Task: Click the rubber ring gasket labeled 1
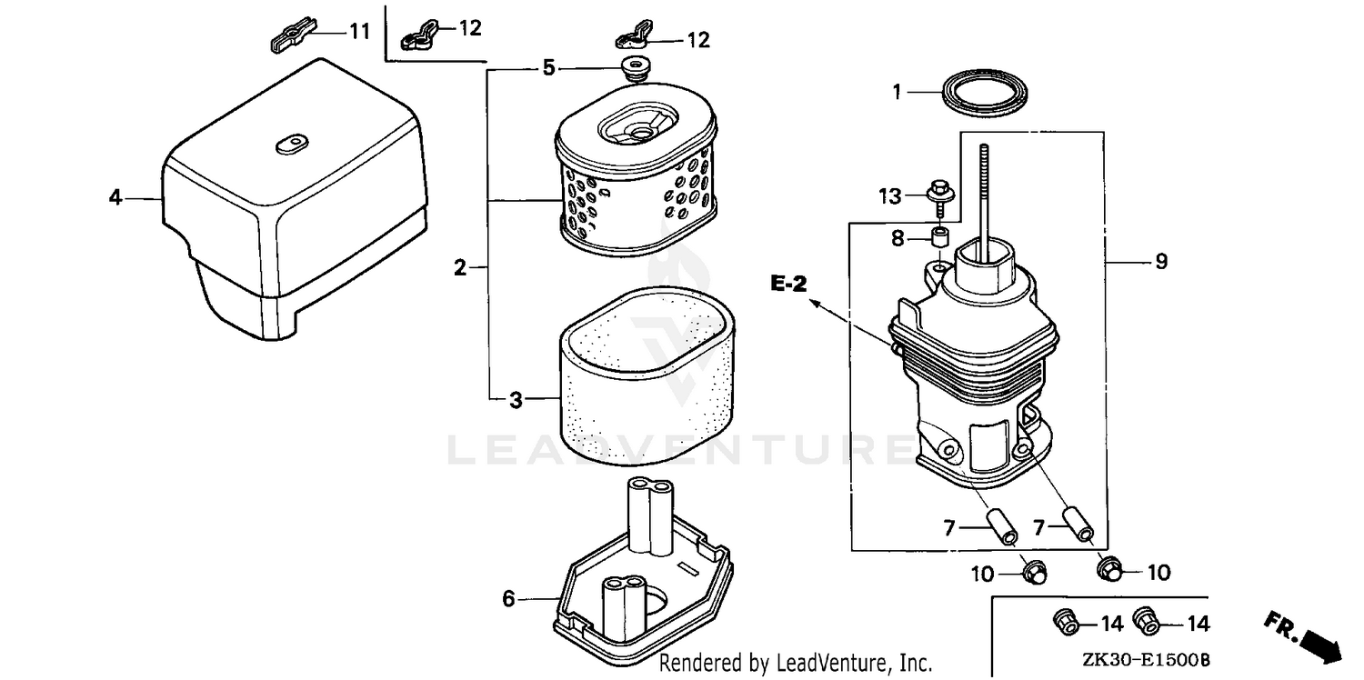pos(986,94)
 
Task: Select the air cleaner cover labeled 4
pos(291,209)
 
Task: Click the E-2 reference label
pos(787,285)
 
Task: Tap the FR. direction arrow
pos(1308,635)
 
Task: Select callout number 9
pos(1160,262)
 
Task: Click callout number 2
pos(460,267)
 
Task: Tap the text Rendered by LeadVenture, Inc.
pos(795,662)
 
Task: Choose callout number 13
pos(890,195)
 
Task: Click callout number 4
pos(115,196)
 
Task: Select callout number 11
pos(360,32)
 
